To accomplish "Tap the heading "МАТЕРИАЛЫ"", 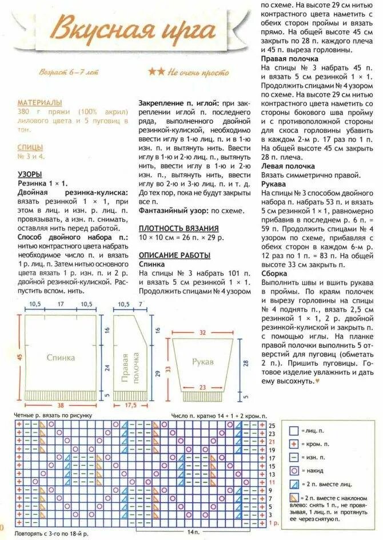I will (x=39, y=101).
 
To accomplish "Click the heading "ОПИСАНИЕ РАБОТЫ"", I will (x=174, y=255).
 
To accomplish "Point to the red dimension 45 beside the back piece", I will (x=19, y=357).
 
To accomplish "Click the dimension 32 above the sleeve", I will (x=202, y=332).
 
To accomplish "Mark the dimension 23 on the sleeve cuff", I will (x=202, y=387).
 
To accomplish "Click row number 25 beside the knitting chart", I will (x=272, y=426).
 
